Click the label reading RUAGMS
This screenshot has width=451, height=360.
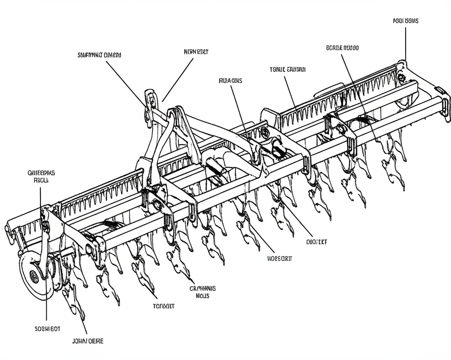230,81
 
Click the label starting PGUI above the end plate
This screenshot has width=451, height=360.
405,21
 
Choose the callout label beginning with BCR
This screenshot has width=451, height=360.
342,48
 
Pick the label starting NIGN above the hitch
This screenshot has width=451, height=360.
196,51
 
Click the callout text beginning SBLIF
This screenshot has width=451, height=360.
99,55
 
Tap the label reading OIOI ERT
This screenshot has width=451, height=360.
316,242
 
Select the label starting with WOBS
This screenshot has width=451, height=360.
279,258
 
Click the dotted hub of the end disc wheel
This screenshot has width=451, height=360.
33,276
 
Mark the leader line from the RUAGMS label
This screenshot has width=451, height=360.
238,110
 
